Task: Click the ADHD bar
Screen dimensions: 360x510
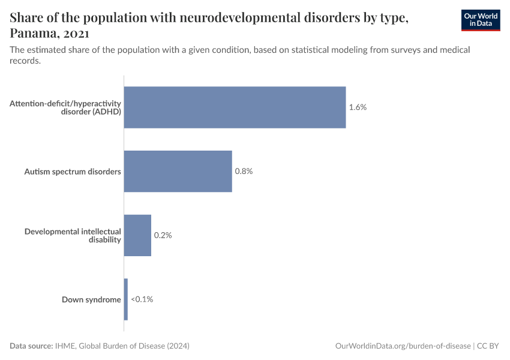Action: (235, 107)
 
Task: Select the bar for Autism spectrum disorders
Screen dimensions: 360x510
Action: (178, 171)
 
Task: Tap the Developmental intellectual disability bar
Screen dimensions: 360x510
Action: (137, 235)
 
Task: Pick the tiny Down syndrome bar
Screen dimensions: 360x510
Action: (126, 299)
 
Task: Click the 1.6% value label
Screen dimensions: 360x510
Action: (358, 107)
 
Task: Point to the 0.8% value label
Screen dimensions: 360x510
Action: (244, 171)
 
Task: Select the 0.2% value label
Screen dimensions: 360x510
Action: (163, 235)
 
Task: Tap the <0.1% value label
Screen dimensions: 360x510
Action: (142, 299)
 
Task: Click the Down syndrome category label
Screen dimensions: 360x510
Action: (91, 299)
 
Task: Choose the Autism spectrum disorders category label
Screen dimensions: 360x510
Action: (73, 172)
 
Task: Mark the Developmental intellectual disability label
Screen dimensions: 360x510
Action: (73, 235)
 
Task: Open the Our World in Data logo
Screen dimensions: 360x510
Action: (480, 20)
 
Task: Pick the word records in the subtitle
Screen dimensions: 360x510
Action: (25, 61)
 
